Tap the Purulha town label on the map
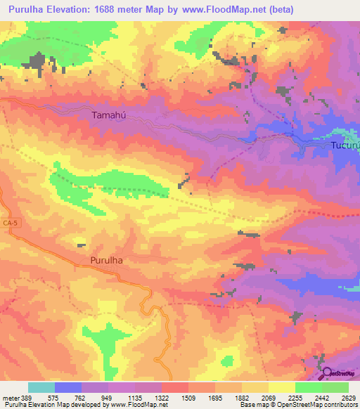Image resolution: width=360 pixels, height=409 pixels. click(107, 260)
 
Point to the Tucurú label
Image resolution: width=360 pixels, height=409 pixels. click(345, 146)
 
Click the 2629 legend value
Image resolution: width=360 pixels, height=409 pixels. click(348, 397)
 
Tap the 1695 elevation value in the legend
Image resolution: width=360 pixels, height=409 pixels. click(215, 397)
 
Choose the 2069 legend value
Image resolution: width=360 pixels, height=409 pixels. click(269, 397)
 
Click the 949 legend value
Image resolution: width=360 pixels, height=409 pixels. click(108, 397)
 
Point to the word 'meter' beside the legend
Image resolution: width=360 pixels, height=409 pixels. click(11, 397)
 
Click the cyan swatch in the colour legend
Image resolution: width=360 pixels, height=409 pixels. click(41, 387)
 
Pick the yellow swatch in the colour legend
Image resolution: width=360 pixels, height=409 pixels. click(282, 387)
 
